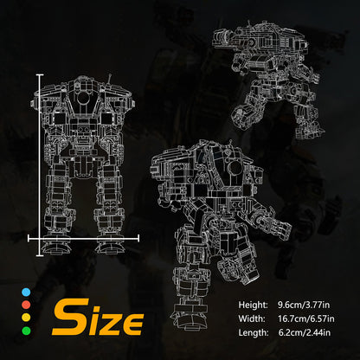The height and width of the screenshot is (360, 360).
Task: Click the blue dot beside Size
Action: pyautogui.click(x=24, y=292)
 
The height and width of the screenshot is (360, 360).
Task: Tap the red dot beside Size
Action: pyautogui.click(x=24, y=305)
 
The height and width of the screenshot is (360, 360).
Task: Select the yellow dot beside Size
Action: pyautogui.click(x=24, y=318)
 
